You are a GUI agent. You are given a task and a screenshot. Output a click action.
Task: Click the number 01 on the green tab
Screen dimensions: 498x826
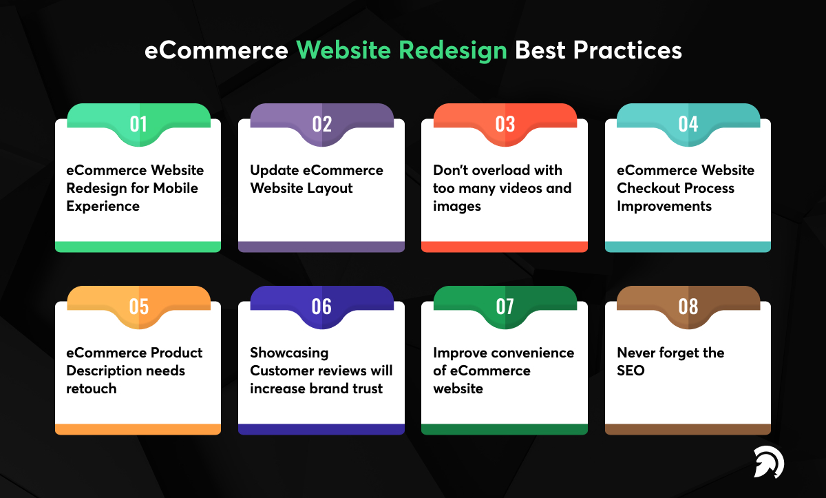pos(138,124)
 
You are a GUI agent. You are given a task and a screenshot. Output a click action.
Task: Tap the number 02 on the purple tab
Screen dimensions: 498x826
pos(321,124)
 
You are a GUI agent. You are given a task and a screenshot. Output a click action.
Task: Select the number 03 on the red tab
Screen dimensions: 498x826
pos(505,124)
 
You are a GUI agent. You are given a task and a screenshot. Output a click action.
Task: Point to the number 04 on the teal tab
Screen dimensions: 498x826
pos(688,124)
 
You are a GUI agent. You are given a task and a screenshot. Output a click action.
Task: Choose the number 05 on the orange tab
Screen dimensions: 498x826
pos(138,307)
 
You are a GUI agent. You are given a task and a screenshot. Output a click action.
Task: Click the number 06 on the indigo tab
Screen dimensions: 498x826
pos(321,307)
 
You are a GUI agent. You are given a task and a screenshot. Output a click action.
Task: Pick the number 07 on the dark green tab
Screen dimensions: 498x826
pos(505,307)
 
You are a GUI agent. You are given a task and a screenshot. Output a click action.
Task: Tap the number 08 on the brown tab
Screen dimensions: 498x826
pos(688,307)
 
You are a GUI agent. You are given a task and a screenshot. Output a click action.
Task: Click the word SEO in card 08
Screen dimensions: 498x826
pos(631,371)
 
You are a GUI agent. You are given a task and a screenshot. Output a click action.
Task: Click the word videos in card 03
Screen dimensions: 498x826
pos(523,188)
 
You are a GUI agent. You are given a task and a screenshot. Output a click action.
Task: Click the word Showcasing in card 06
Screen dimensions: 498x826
pos(289,353)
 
